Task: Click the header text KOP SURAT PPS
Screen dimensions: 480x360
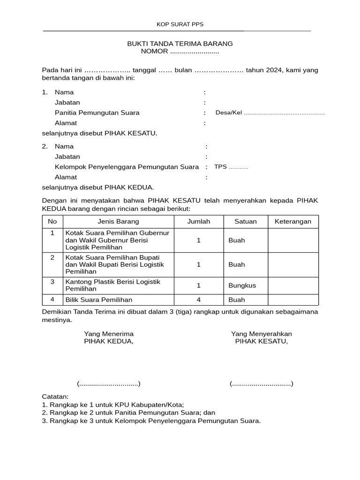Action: [180, 24]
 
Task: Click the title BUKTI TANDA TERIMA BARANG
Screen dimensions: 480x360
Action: [180, 44]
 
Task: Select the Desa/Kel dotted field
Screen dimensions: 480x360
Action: [284, 113]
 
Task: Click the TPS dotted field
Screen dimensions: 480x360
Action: [239, 167]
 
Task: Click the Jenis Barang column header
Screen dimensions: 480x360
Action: [118, 222]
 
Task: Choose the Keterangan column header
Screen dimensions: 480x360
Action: [293, 222]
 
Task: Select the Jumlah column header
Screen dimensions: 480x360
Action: [199, 222]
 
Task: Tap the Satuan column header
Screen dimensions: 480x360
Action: [246, 222]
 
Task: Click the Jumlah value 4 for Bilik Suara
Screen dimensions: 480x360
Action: [199, 300]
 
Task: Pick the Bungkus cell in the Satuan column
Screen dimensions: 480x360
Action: [242, 285]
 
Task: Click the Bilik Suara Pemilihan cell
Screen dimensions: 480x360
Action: [99, 300]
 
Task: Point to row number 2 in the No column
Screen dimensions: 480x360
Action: [52, 257]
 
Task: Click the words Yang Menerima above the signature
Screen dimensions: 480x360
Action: [109, 334]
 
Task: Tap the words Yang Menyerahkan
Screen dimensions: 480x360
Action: [262, 334]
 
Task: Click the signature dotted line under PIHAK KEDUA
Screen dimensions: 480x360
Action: [109, 384]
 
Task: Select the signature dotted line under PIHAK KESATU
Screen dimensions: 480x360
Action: [262, 384]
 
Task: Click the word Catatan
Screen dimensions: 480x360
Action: [55, 397]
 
